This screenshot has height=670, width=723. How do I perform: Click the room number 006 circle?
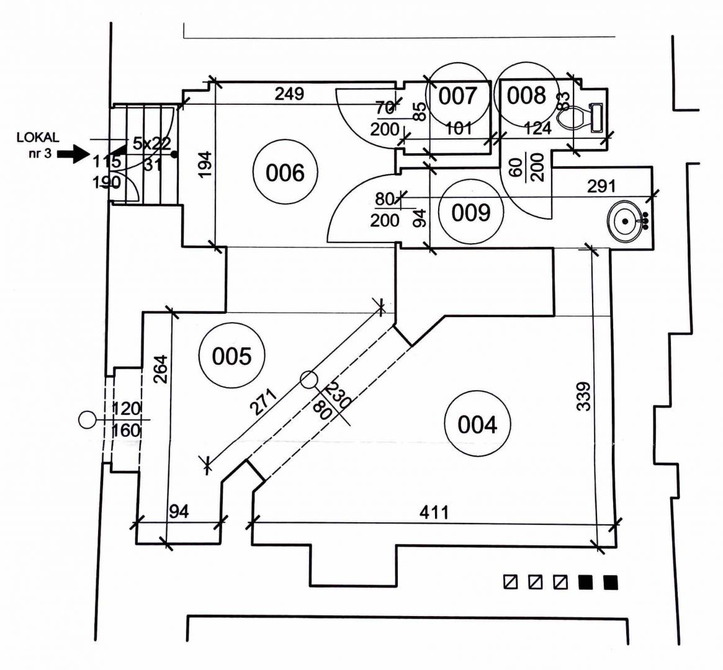[285, 172]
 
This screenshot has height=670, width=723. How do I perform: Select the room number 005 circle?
[231, 356]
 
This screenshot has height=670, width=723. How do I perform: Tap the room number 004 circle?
[477, 425]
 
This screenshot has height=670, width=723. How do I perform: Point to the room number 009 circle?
[471, 212]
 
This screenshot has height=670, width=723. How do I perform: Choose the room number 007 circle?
[459, 96]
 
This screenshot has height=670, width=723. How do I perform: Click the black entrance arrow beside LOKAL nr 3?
[73, 154]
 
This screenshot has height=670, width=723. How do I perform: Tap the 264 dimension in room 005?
[159, 370]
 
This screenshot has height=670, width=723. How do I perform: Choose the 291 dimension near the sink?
[602, 185]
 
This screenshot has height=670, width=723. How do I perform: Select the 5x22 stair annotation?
[151, 143]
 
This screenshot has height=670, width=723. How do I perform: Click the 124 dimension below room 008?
[537, 128]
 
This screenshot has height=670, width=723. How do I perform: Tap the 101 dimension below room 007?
[460, 128]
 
